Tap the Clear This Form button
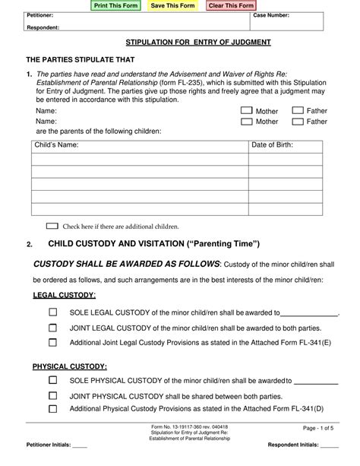coord(231,5)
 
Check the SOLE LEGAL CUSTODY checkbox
coord(53,312)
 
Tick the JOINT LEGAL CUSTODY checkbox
coord(53,328)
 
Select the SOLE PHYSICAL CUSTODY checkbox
coord(53,379)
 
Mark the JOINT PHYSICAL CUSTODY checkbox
coord(53,395)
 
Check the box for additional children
coord(52,226)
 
